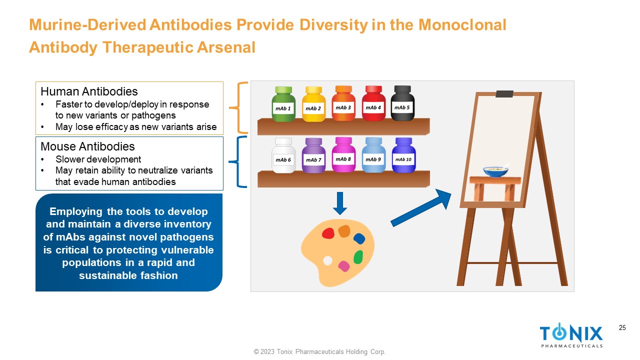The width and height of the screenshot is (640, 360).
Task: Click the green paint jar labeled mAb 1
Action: (283, 104)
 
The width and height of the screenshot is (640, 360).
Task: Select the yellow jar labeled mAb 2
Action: (313, 104)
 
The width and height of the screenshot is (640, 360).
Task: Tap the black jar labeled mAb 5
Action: (402, 103)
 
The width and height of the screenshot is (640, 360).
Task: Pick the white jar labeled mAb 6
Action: (283, 155)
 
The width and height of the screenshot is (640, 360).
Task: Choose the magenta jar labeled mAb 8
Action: (343, 154)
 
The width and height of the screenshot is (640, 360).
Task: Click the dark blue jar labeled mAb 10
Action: (403, 155)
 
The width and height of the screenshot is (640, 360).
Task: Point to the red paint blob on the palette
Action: (328, 233)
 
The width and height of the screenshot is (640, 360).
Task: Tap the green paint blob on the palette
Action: (358, 257)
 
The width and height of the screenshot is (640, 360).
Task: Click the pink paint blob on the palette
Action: (343, 266)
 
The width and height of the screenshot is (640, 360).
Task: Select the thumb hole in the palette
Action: (327, 260)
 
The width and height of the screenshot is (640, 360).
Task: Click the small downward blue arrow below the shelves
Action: (340, 203)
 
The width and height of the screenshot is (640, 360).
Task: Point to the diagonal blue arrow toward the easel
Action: (421, 207)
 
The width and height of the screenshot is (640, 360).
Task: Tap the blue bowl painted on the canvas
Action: (495, 172)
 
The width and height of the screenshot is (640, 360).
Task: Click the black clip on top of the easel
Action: (504, 93)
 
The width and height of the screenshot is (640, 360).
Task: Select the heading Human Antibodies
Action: (89, 91)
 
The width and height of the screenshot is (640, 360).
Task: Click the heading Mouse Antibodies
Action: (87, 146)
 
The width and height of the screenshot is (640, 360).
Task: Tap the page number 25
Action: (622, 327)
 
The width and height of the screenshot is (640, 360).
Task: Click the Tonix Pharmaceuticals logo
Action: (571, 335)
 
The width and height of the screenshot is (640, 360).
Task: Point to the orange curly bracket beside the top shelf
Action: (238, 107)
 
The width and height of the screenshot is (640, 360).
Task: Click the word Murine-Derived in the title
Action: (87, 24)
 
